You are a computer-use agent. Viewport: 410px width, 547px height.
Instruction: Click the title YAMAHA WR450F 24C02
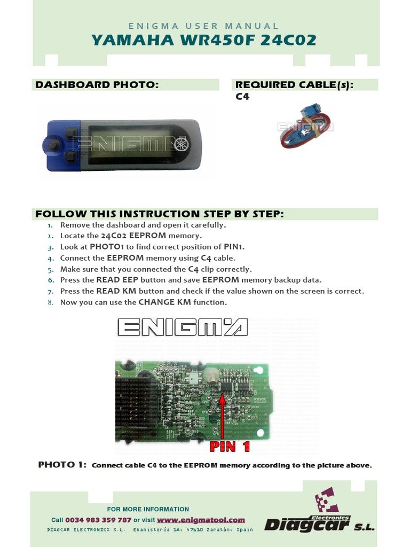[x=204, y=40]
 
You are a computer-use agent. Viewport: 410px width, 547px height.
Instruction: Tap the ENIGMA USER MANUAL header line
[x=204, y=26]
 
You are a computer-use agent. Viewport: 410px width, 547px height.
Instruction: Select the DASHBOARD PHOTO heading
[x=97, y=85]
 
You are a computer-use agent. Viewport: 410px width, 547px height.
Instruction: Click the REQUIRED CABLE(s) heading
[x=295, y=85]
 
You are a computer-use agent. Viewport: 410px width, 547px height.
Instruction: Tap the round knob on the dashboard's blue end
[x=52, y=145]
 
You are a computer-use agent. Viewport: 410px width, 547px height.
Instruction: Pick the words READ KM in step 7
[x=115, y=291]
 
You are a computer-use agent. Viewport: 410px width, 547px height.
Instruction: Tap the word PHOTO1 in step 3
[x=107, y=247]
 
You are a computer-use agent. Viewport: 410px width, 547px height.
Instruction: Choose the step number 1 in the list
[x=50, y=225]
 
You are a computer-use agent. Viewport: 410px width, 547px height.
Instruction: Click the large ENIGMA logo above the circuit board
[x=182, y=327]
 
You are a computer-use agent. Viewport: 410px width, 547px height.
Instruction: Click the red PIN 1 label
[x=230, y=447]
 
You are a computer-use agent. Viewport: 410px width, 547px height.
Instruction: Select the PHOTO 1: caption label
[x=62, y=465]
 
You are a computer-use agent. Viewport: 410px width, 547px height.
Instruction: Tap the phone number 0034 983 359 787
[x=98, y=520]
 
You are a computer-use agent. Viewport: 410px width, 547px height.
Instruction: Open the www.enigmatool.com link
[x=201, y=520]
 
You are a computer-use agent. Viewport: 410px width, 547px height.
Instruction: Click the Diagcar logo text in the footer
[x=307, y=526]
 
